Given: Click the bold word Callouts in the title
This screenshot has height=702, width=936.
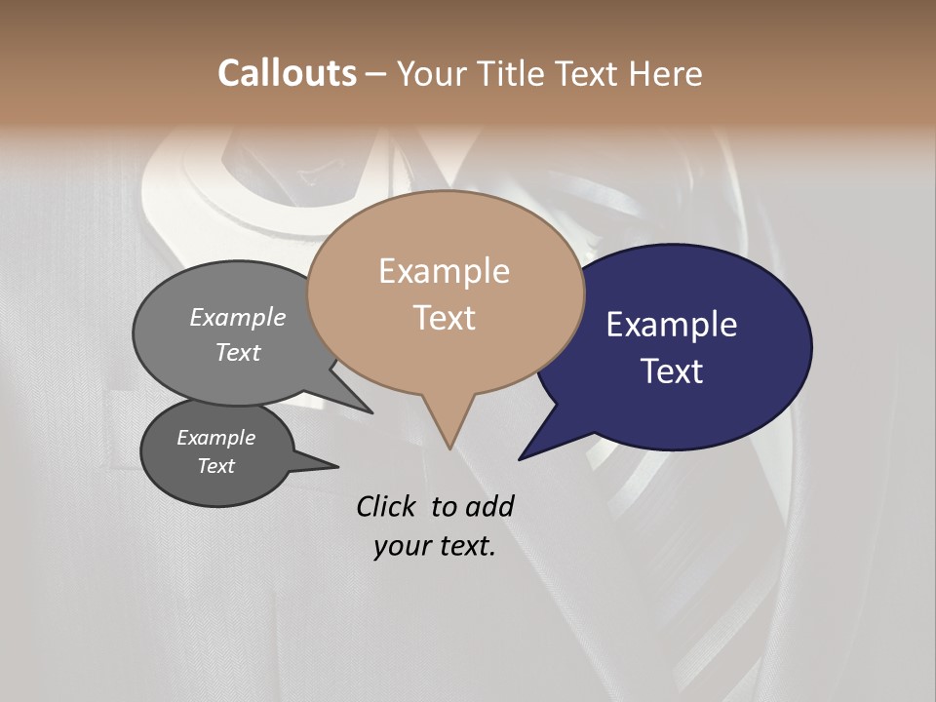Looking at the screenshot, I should [x=287, y=73].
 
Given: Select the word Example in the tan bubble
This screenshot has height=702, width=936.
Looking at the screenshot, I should [x=444, y=271].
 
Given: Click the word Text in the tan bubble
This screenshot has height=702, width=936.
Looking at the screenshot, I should [x=444, y=318].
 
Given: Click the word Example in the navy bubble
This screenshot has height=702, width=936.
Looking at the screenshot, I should [x=672, y=325].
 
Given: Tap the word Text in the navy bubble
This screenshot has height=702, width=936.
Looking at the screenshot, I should [x=672, y=371].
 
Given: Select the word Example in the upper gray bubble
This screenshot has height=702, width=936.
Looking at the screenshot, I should [x=238, y=318].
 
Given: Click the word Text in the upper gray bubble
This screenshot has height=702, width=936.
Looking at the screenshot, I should [x=238, y=352].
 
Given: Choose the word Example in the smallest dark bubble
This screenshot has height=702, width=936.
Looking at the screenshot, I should [x=215, y=438].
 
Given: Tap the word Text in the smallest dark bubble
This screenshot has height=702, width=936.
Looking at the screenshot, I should [x=215, y=466].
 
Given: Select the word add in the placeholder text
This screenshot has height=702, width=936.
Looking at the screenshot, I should [x=489, y=506].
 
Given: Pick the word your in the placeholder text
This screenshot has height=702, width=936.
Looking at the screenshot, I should [x=402, y=546].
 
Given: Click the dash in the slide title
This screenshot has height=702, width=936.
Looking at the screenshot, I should [x=376, y=74].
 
